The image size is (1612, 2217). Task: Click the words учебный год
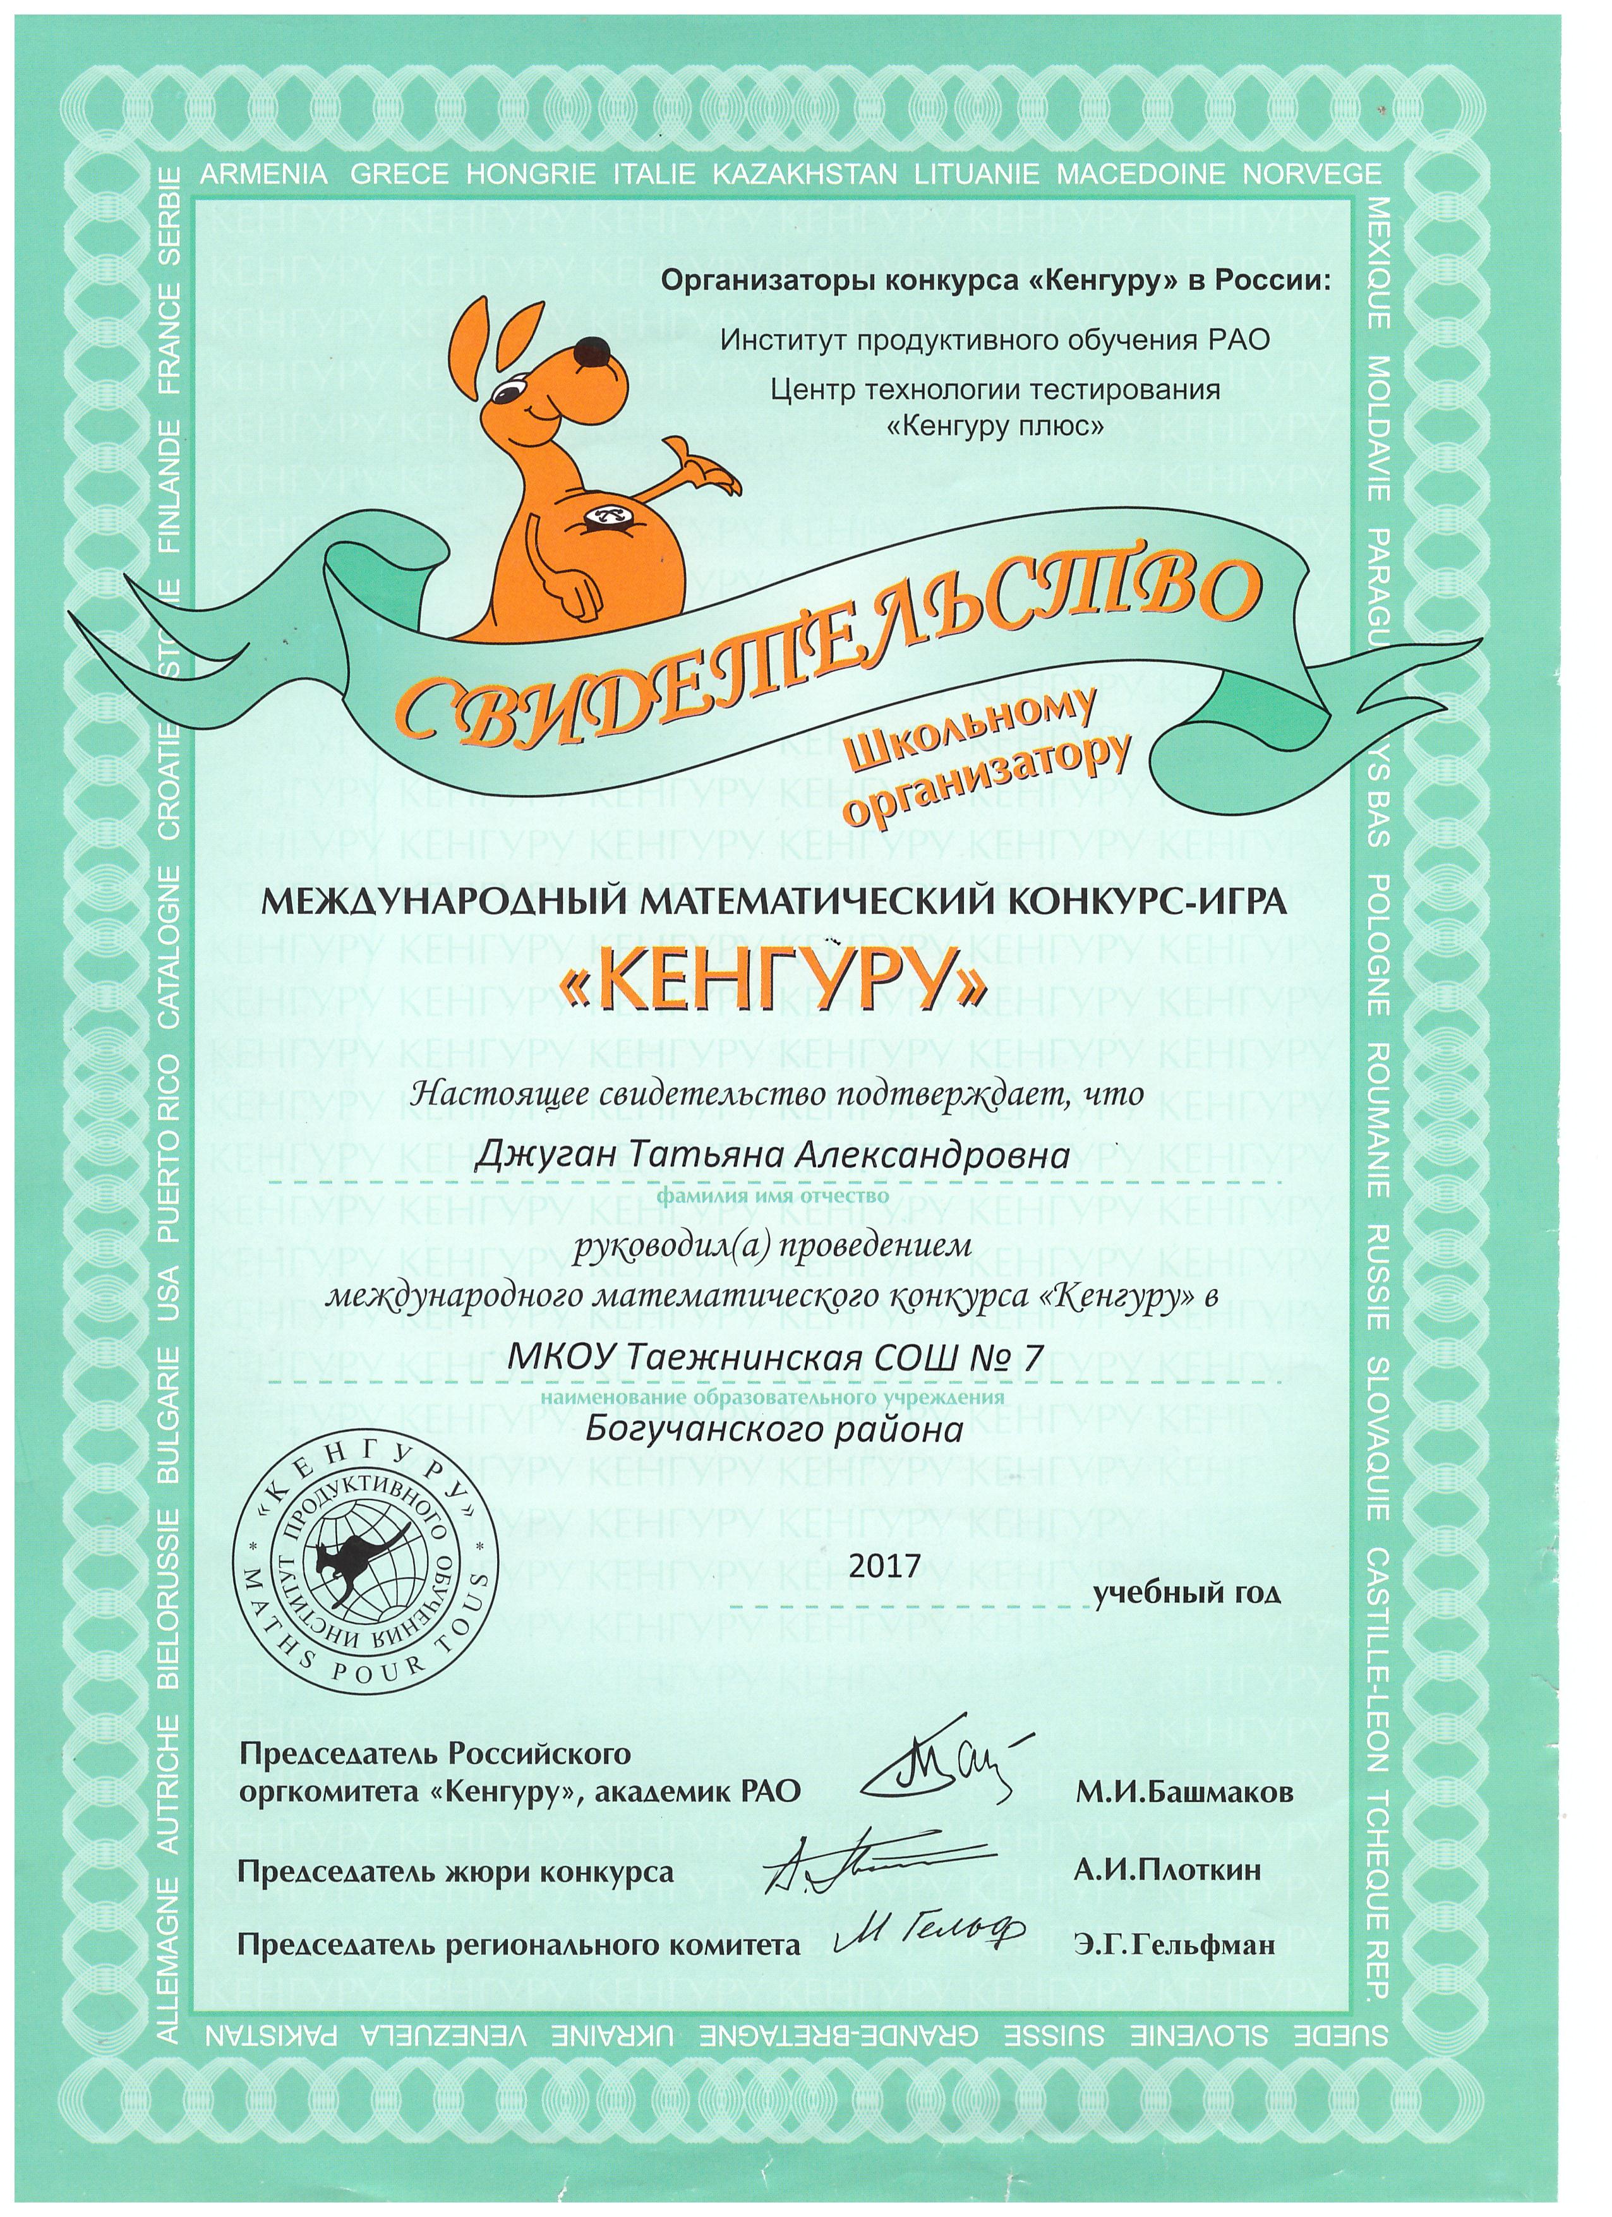pyautogui.click(x=1186, y=1594)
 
